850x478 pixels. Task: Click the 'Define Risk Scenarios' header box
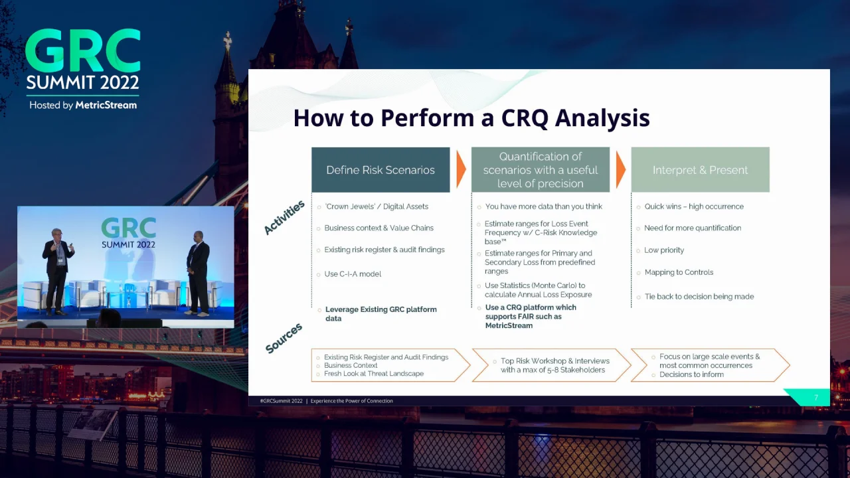click(x=381, y=169)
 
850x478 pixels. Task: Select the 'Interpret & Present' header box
click(x=701, y=169)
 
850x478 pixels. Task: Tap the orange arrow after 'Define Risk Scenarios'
click(x=461, y=169)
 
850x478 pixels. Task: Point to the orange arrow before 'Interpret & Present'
click(x=620, y=169)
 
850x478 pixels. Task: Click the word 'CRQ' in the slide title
click(x=525, y=118)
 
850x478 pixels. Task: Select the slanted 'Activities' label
click(x=284, y=217)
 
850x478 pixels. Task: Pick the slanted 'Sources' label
click(x=284, y=338)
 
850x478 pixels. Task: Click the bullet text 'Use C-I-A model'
click(x=353, y=274)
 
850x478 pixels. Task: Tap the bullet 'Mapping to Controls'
click(x=679, y=272)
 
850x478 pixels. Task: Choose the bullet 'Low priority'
click(x=664, y=250)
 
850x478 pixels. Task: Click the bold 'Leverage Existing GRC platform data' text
click(x=381, y=314)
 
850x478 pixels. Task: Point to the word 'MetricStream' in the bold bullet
click(x=509, y=325)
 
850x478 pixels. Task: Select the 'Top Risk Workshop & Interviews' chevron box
click(x=551, y=365)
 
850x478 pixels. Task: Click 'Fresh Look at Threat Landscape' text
click(x=374, y=374)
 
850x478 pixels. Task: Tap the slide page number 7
click(x=816, y=398)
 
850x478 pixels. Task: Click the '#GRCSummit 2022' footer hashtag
click(x=281, y=401)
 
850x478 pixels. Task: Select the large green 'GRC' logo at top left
click(x=83, y=50)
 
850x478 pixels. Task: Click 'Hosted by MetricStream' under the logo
click(x=83, y=105)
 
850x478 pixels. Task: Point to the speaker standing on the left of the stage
click(x=58, y=272)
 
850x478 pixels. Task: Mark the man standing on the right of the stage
click(x=198, y=273)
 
